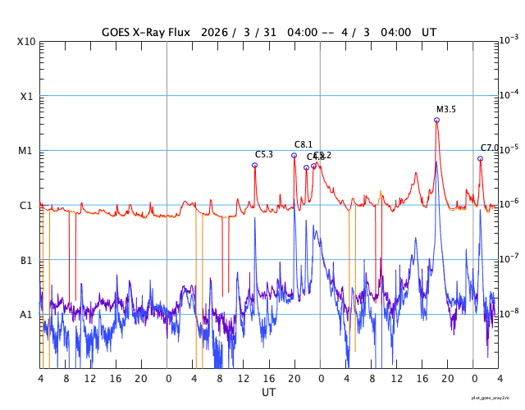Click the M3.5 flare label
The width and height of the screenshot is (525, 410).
(446, 109)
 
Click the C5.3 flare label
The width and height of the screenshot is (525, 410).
(264, 154)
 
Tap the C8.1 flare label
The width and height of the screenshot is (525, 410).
(304, 144)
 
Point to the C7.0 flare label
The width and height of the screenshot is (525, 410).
(490, 148)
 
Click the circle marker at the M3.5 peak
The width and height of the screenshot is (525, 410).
(436, 120)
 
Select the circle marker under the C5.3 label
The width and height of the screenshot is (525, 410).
(254, 165)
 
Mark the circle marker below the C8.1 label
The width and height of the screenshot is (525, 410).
(294, 155)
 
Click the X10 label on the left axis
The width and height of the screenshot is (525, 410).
(26, 41)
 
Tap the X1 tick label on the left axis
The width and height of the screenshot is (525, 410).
(26, 96)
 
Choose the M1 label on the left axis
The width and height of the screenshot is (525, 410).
(26, 151)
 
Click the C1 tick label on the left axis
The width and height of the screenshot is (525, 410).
(26, 205)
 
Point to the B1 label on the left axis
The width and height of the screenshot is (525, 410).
(26, 260)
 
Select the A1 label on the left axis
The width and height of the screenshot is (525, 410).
(26, 314)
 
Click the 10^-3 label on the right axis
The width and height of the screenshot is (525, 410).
(509, 40)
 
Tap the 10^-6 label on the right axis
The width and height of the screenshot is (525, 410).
(509, 204)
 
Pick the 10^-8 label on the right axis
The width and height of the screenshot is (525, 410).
(509, 313)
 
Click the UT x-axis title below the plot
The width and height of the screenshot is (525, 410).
(269, 392)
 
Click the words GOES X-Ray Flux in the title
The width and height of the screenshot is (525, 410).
(146, 32)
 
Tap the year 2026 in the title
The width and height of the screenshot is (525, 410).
(213, 32)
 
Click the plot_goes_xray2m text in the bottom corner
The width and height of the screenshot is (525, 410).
(496, 397)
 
